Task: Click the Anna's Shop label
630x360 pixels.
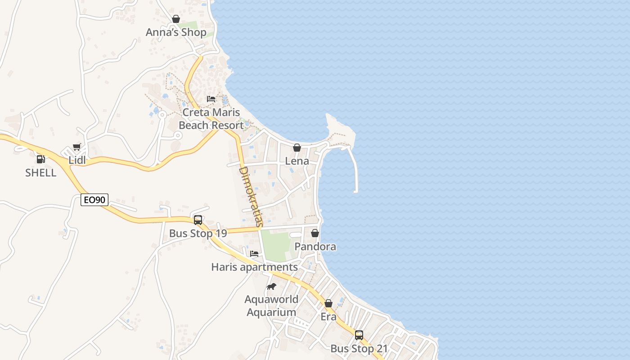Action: coord(176,32)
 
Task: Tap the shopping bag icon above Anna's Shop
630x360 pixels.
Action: coord(176,19)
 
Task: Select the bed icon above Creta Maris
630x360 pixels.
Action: coord(211,99)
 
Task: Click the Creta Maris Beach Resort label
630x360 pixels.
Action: coord(211,119)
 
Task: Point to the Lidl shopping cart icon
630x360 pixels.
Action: coord(77,147)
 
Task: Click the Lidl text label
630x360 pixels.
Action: coord(77,160)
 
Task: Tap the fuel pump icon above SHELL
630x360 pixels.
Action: coord(40,159)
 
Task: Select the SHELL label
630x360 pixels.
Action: coord(40,173)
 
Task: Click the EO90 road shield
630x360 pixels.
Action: coord(94,200)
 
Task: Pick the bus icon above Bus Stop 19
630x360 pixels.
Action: coord(198,220)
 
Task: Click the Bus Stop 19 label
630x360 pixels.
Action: coord(198,234)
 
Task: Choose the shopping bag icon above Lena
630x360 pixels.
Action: coord(297,148)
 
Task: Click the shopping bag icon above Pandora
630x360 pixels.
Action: coord(315,233)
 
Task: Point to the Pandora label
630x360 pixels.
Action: coord(315,247)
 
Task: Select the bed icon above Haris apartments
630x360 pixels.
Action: coord(254,254)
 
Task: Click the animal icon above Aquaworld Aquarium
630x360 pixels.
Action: coord(271,286)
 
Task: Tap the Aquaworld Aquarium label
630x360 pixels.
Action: coord(271,306)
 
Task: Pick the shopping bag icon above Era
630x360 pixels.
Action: coord(328,303)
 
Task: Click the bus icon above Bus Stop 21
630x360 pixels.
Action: coord(359,335)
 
